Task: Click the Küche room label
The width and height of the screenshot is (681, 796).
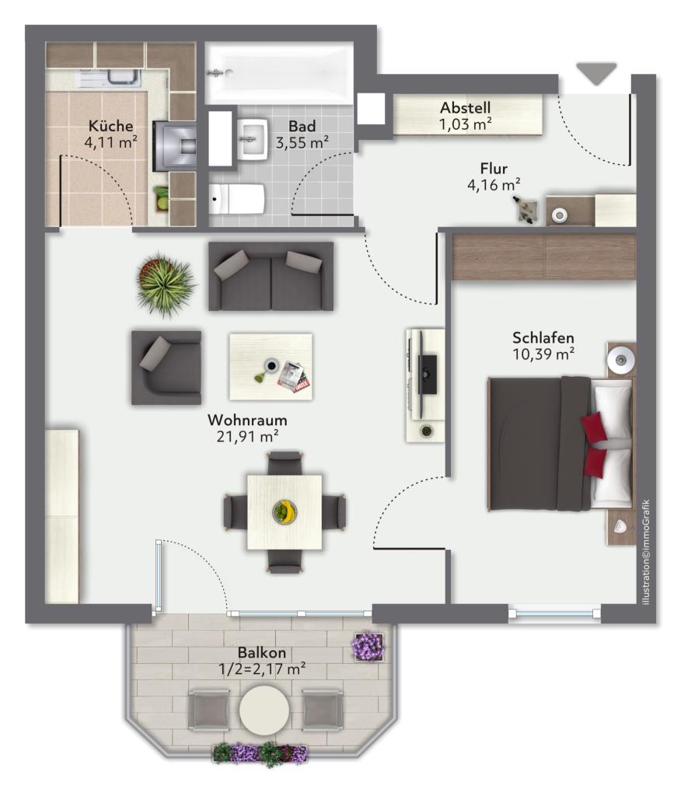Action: [110, 125]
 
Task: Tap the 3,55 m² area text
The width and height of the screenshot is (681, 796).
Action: [302, 143]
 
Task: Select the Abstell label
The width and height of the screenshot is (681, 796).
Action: [465, 107]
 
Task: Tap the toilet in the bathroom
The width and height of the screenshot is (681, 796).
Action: [237, 198]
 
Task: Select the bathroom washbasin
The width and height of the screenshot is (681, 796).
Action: [253, 138]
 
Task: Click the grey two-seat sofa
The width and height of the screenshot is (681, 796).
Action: [271, 276]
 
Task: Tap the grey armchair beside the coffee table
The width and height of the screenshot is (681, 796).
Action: [166, 368]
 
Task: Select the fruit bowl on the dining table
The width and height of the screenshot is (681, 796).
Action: [285, 511]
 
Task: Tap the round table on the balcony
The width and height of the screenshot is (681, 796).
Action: [264, 709]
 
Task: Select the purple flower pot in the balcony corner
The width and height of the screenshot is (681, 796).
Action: [368, 646]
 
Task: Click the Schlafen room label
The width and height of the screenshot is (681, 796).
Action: [543, 337]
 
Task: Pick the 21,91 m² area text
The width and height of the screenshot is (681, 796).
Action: [247, 436]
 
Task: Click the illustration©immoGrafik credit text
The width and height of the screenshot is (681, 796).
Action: [645, 552]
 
